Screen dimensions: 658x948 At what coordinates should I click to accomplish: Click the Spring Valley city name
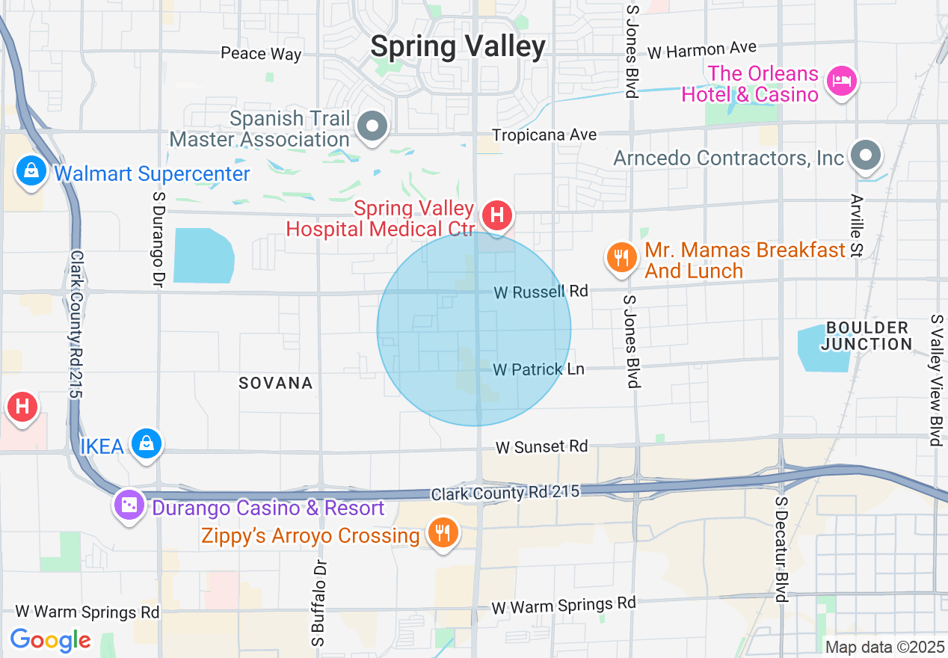click(x=458, y=46)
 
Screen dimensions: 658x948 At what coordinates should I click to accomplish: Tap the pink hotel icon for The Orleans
click(x=843, y=80)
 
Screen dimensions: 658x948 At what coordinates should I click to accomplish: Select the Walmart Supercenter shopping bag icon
click(x=31, y=171)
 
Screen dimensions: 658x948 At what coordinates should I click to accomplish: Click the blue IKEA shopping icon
click(x=147, y=444)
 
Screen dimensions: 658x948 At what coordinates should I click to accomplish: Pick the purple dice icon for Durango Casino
click(x=129, y=505)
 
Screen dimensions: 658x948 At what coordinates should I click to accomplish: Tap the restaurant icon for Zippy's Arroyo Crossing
click(x=443, y=532)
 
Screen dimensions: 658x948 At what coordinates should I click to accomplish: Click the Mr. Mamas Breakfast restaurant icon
click(x=621, y=258)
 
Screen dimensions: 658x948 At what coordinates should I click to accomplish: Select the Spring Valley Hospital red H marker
click(x=497, y=216)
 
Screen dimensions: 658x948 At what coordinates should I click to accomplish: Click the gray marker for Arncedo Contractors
click(x=867, y=156)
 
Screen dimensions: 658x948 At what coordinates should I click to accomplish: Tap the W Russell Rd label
click(x=541, y=292)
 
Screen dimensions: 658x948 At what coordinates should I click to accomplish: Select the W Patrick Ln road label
click(x=538, y=369)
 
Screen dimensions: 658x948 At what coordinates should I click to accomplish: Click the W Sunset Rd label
click(x=542, y=446)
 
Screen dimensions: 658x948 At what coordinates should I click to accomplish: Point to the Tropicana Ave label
click(x=544, y=135)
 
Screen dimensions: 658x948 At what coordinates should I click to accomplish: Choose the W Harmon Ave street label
click(x=702, y=50)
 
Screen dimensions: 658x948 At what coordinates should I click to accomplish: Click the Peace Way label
click(x=261, y=54)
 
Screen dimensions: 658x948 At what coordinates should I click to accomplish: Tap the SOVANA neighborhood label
click(x=276, y=383)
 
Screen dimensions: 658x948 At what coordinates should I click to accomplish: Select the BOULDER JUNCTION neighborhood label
click(x=867, y=336)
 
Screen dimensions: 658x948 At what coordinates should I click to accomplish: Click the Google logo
click(x=50, y=640)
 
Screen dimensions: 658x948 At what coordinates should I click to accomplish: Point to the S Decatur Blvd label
click(x=781, y=549)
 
